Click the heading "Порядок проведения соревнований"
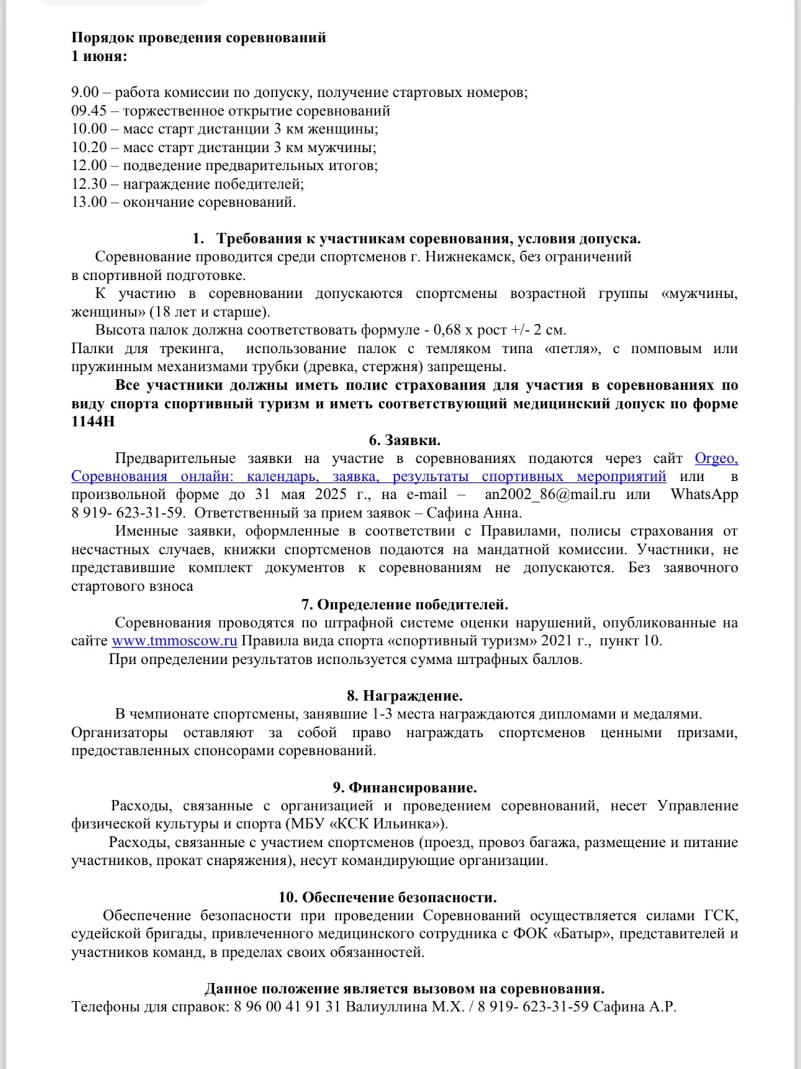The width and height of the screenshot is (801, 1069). point(199,38)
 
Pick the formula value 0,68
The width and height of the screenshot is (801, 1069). point(448,330)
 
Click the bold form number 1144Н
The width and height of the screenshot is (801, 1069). point(93,422)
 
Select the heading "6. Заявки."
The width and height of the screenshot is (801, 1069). point(404,441)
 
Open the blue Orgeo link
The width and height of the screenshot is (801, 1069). point(716,458)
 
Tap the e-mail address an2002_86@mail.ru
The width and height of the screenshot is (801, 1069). point(550,494)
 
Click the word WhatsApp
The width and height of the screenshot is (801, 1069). point(704,494)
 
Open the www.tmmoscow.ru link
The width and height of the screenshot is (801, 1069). point(174,641)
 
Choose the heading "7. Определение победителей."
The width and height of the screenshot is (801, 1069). point(404,605)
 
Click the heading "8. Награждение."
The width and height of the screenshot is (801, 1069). point(404,696)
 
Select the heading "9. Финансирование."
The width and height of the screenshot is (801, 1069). point(404,788)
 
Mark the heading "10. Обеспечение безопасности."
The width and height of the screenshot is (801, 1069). point(387,898)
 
